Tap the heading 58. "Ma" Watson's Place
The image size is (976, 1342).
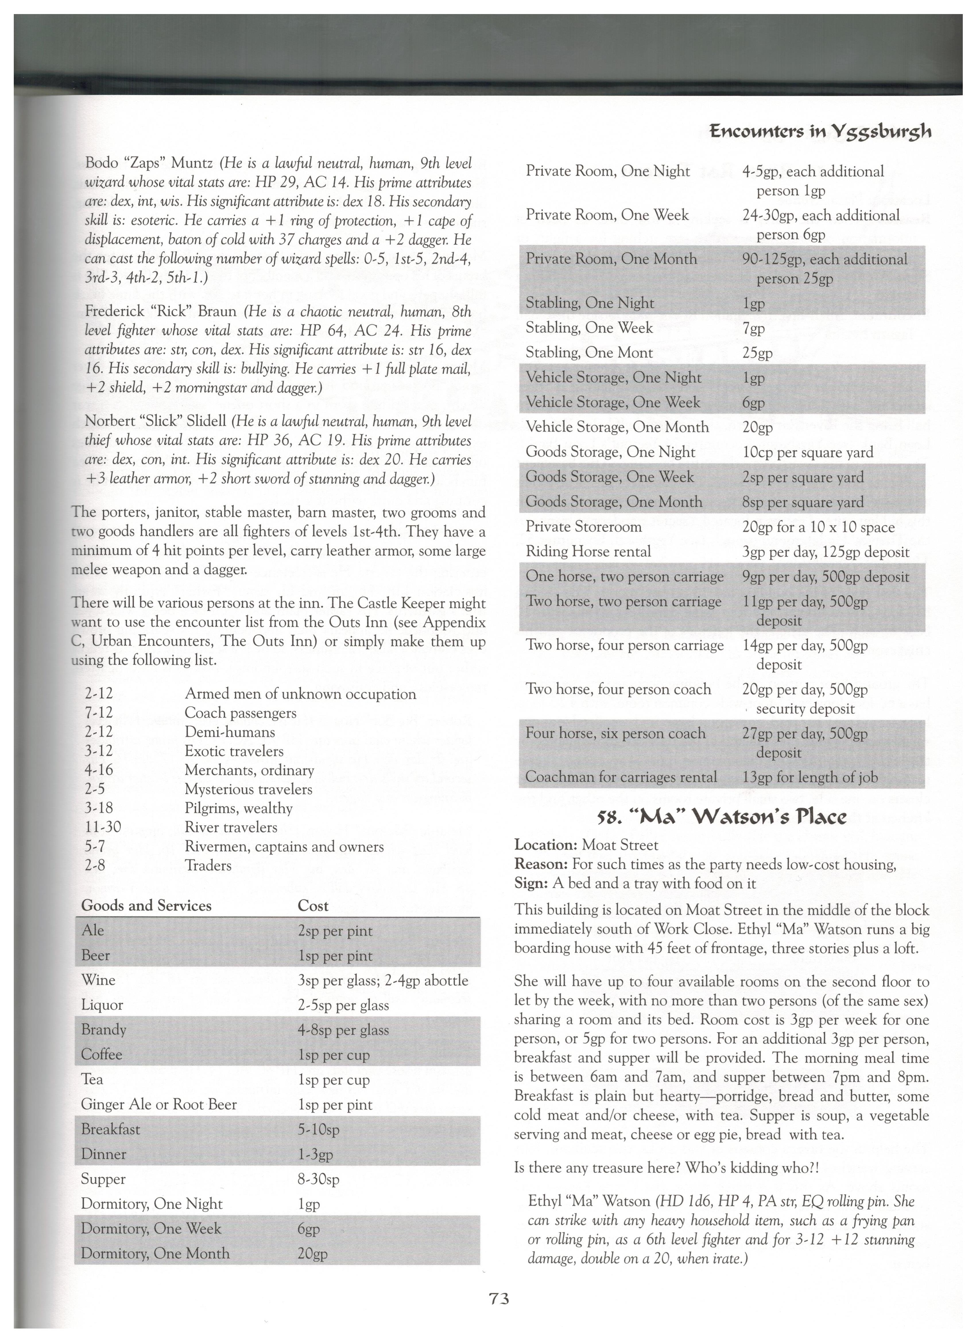pos(721,817)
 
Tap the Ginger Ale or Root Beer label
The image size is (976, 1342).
pos(159,1104)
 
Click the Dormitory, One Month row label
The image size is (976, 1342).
pos(155,1253)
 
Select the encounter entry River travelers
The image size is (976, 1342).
pos(231,827)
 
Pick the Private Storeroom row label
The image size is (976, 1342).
pos(583,527)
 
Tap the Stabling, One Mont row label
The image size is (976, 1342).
pos(589,353)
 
